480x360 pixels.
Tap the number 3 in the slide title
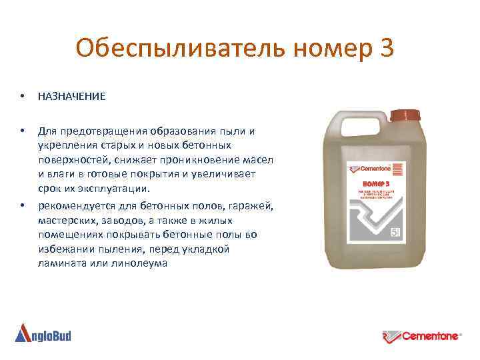point(385,47)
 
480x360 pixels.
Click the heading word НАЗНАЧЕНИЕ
point(71,97)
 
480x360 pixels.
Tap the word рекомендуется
point(76,204)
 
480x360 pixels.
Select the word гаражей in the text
point(251,204)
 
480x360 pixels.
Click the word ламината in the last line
point(59,263)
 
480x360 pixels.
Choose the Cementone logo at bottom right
point(422,335)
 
